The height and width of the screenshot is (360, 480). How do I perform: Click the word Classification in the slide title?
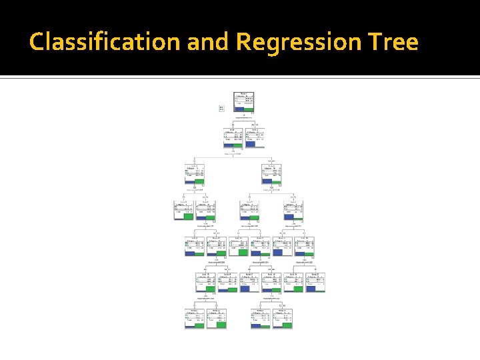pyautogui.click(x=105, y=42)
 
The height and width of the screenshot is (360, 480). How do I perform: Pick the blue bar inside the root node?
pyautogui.click(x=239, y=109)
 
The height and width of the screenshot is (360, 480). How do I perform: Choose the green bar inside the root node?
pyautogui.click(x=249, y=109)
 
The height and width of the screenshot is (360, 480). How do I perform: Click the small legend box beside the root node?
pyautogui.click(x=221, y=107)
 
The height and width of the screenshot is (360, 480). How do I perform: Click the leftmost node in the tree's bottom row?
pyautogui.click(x=195, y=318)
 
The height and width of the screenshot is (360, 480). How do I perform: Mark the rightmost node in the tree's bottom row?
pyautogui.click(x=281, y=318)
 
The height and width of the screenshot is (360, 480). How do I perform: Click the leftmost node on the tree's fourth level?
pyautogui.click(x=184, y=209)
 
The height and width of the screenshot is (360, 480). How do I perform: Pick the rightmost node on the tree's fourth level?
pyautogui.click(x=293, y=209)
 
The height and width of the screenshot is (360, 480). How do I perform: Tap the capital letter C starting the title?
pyautogui.click(x=37, y=42)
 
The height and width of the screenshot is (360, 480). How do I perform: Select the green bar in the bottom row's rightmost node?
pyautogui.click(x=287, y=325)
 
